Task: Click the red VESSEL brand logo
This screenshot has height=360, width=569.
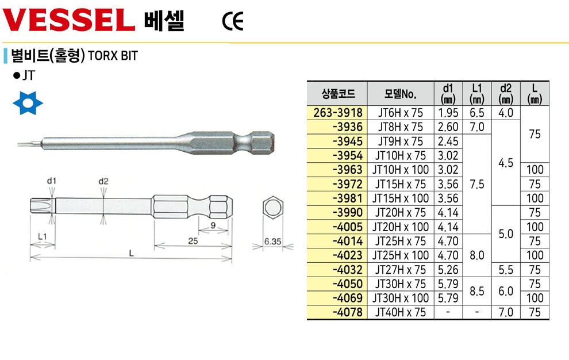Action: pyautogui.click(x=69, y=20)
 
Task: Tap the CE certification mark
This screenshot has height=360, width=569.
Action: pyautogui.click(x=233, y=21)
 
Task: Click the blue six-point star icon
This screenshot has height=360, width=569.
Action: pyautogui.click(x=28, y=103)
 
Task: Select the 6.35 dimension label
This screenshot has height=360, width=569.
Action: pyautogui.click(x=272, y=241)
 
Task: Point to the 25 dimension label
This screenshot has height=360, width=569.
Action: pyautogui.click(x=193, y=241)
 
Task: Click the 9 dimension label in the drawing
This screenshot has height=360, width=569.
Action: pyautogui.click(x=213, y=225)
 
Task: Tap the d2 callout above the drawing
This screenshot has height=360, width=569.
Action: pyautogui.click(x=103, y=181)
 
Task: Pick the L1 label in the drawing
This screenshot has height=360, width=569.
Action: pyautogui.click(x=43, y=236)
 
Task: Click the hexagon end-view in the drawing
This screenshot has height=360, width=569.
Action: pyautogui.click(x=272, y=208)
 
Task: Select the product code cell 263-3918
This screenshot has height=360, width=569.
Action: pyautogui.click(x=338, y=113)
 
